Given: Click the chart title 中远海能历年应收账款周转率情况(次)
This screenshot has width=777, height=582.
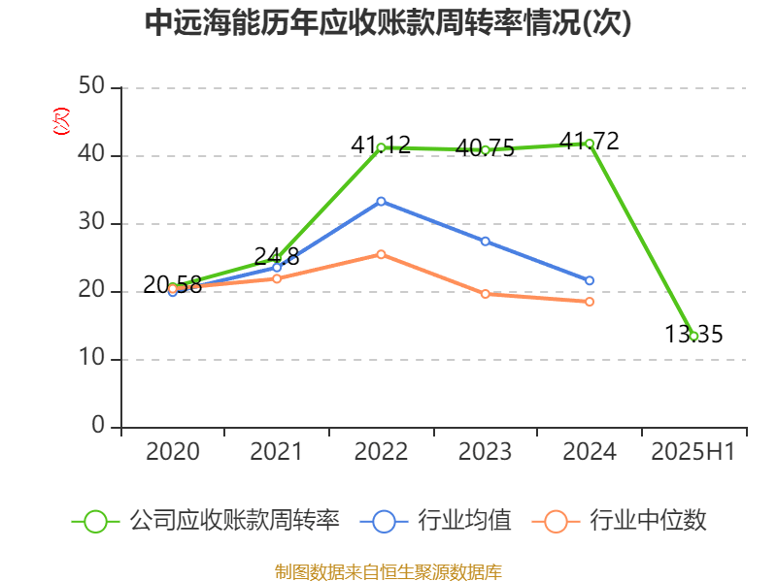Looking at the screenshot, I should (388, 23).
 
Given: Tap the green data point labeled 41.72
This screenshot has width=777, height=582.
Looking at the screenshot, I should (590, 144).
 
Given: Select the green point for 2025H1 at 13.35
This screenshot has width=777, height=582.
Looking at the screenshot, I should (693, 336).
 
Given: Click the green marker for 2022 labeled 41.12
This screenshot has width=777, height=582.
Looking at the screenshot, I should (381, 147).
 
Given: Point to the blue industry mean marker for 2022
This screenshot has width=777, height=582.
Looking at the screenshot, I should (381, 201).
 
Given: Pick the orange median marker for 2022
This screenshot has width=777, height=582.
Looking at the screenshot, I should (381, 254).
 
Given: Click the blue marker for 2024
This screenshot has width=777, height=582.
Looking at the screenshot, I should (590, 280).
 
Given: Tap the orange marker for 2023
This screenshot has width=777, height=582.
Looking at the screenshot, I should (485, 294).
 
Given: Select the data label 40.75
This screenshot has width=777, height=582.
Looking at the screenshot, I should (485, 148).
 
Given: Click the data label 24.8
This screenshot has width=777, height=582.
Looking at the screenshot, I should (277, 256).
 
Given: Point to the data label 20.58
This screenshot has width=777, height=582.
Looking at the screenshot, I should (172, 284).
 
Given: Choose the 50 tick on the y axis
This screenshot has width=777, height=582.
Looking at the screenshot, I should (92, 87).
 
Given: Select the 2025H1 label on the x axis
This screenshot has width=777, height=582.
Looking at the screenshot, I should (693, 452).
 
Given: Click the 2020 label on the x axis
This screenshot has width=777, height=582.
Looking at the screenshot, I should (172, 452).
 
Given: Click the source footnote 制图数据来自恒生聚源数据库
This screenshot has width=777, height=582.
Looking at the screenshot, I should (388, 571).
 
